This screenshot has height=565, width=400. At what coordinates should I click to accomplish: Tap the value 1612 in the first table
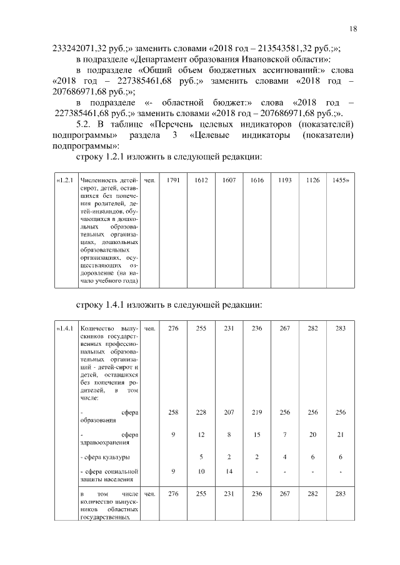201,180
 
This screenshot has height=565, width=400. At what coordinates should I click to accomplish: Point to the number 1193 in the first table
284,180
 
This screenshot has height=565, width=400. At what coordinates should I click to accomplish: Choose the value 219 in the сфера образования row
256,413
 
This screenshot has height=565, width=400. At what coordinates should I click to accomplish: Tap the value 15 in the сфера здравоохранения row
256,435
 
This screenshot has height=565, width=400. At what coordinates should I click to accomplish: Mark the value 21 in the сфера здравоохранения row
341,435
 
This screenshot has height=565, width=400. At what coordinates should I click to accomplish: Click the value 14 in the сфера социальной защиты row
229,471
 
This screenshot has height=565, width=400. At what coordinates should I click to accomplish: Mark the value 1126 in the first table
312,180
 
